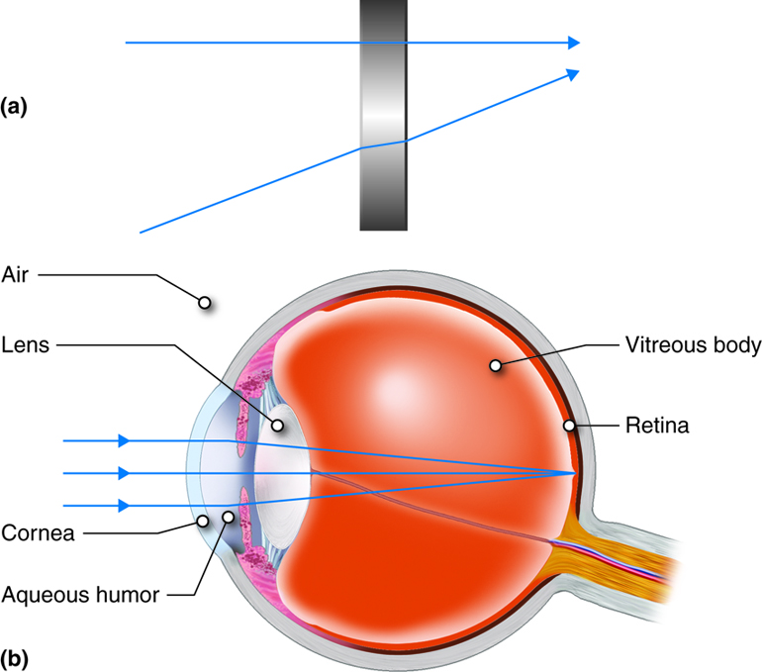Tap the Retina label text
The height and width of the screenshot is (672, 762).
(x=656, y=427)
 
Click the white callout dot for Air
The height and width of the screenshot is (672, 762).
(x=204, y=302)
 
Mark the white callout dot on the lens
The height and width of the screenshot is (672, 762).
(x=278, y=427)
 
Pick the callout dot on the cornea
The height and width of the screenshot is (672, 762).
(x=202, y=521)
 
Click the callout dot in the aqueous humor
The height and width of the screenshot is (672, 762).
(x=230, y=516)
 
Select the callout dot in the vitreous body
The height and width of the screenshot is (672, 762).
(x=494, y=366)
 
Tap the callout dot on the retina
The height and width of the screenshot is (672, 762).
(x=569, y=427)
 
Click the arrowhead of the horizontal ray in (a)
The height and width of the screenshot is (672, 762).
(x=572, y=44)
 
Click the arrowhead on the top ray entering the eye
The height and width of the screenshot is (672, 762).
(x=124, y=440)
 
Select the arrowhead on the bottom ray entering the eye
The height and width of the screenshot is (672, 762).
(x=124, y=505)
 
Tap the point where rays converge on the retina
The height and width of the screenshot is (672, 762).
(x=575, y=473)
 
